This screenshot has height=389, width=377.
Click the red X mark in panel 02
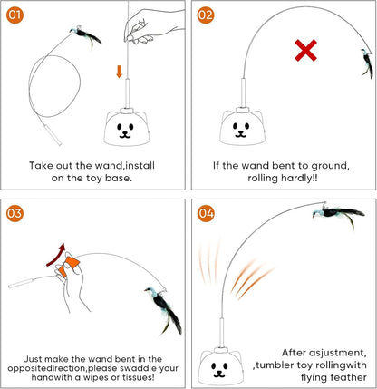pyautogui.click(x=306, y=51)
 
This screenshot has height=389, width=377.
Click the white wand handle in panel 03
pyautogui.click(x=24, y=286)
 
